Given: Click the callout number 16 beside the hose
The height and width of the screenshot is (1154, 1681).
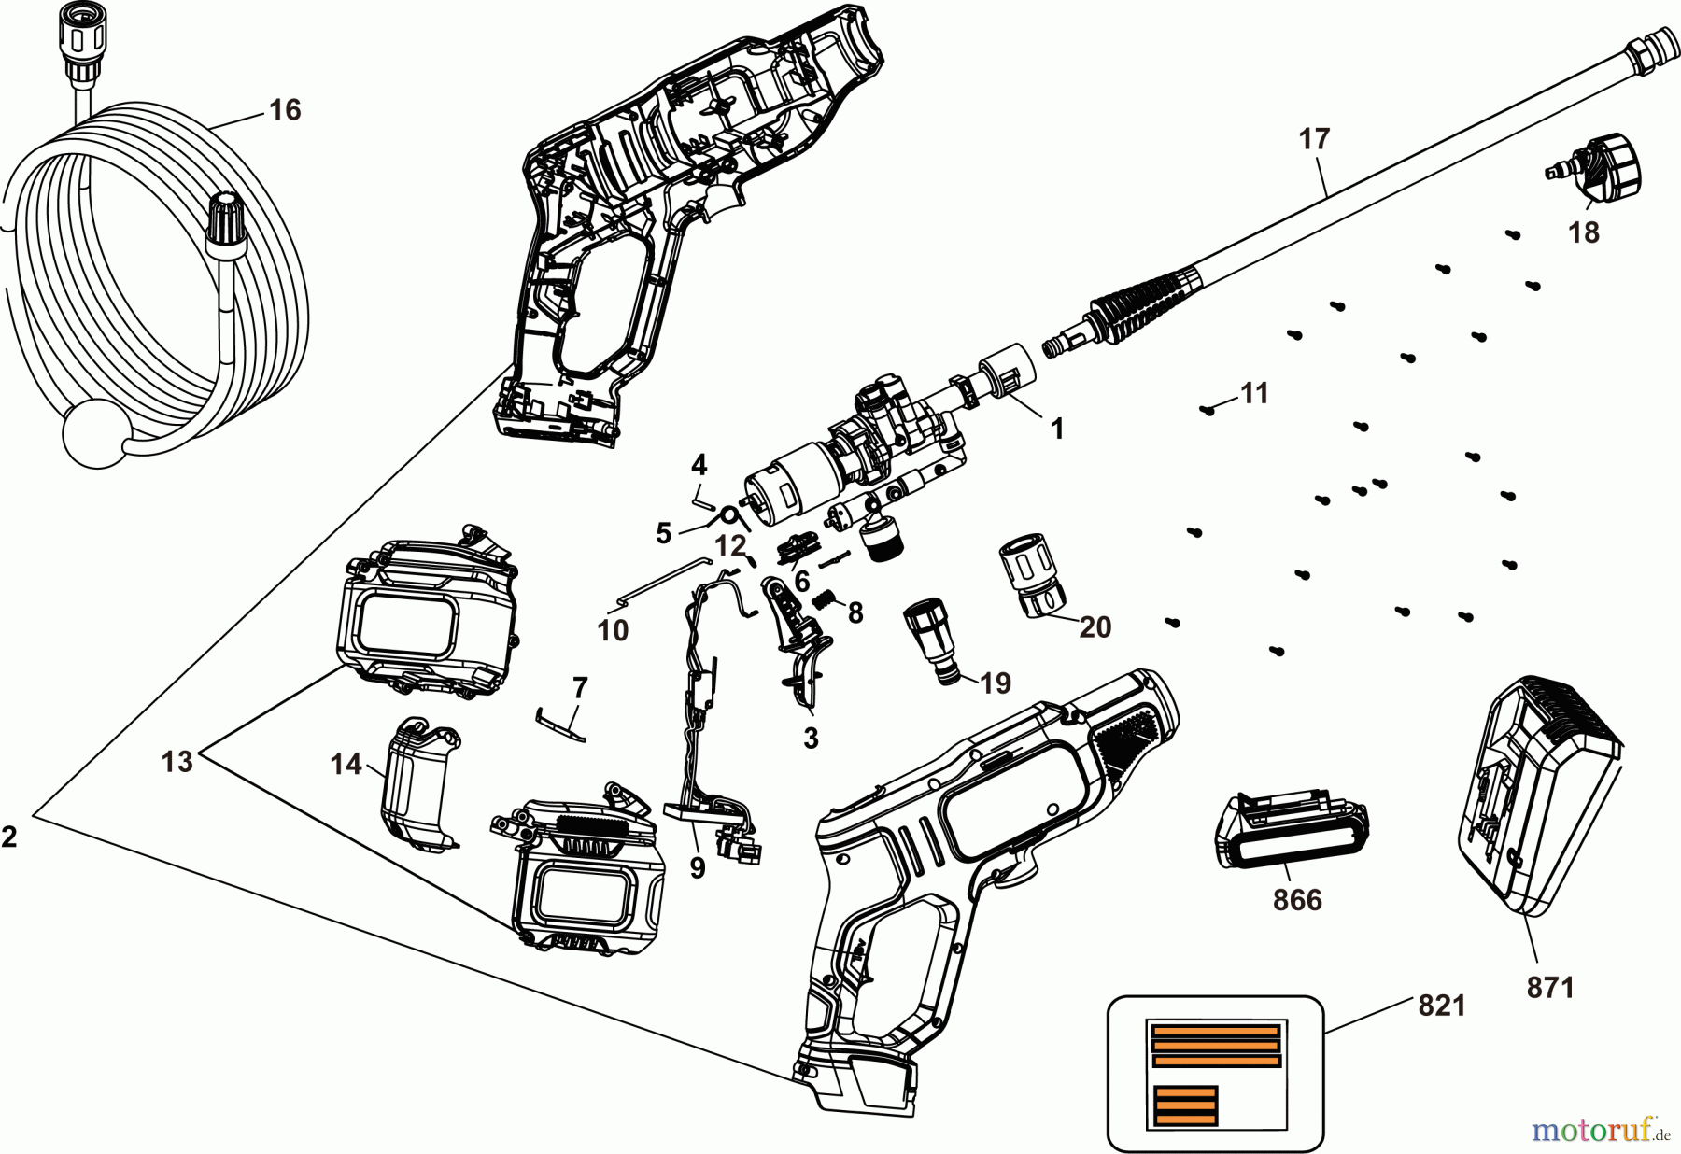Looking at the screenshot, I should [285, 110].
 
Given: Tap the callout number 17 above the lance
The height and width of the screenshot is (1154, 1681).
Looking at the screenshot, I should [1313, 140].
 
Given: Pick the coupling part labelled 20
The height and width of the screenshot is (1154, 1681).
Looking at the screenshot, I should [1035, 576].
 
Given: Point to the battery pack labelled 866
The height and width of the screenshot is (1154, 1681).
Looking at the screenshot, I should [1292, 831].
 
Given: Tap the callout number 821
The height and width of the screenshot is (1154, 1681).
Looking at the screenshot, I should [1441, 1006].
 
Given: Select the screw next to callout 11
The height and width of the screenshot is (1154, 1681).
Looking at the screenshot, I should [1208, 409].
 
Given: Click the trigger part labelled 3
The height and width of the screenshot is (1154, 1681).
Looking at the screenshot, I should [798, 644].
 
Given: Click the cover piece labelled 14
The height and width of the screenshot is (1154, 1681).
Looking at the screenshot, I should [416, 782].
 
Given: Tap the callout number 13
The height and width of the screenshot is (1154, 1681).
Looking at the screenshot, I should [177, 762].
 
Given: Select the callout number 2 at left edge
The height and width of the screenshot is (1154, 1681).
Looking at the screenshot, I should [9, 837].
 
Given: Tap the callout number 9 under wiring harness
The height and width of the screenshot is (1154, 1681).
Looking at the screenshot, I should [698, 868].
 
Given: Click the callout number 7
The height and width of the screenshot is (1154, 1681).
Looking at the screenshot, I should [580, 688].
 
